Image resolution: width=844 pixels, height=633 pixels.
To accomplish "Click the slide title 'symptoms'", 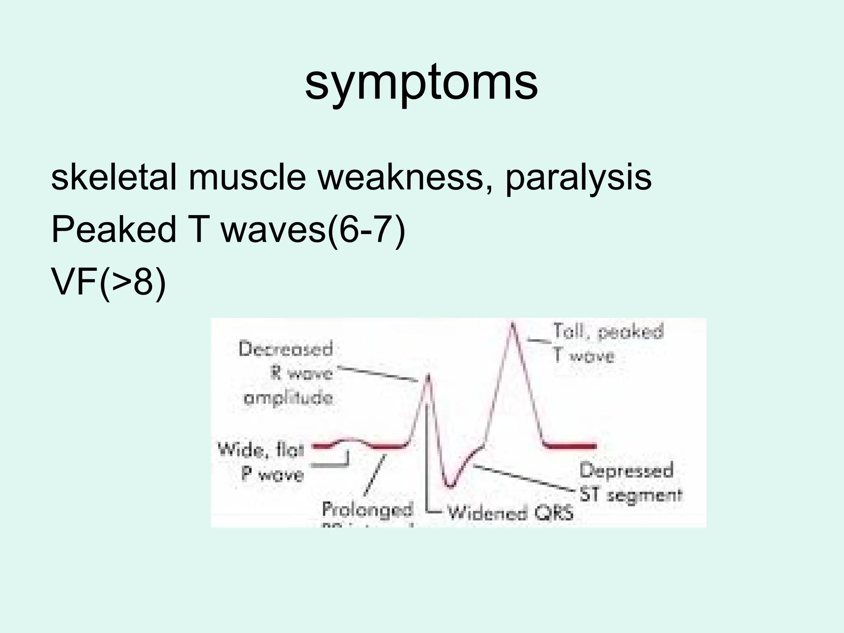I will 421,82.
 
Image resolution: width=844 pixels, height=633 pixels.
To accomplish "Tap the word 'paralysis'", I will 578,178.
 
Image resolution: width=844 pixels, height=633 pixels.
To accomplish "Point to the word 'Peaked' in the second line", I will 114,230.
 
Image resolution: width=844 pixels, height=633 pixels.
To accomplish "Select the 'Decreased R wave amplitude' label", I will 288,373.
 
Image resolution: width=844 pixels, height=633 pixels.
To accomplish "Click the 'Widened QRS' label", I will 510,513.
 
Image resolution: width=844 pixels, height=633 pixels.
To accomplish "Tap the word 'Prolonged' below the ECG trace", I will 367,509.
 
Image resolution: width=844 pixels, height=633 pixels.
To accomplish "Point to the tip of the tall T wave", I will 512,326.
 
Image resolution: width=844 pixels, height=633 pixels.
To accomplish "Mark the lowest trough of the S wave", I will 450,486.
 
